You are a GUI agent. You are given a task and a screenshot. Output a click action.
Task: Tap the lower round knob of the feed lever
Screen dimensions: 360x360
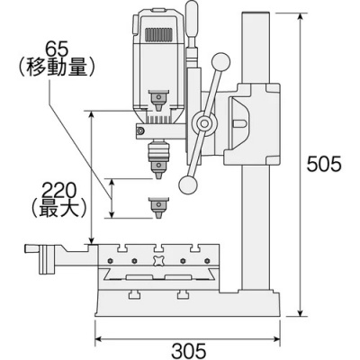[x=187, y=184]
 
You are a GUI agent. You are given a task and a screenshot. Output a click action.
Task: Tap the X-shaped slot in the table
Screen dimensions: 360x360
[x=159, y=262]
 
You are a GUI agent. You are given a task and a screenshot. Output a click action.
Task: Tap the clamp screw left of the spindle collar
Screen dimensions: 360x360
[x=138, y=130]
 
